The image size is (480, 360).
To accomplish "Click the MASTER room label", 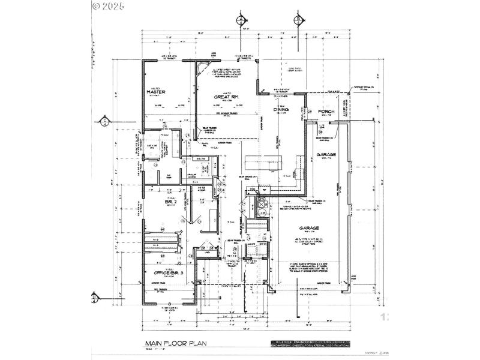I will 156,92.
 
